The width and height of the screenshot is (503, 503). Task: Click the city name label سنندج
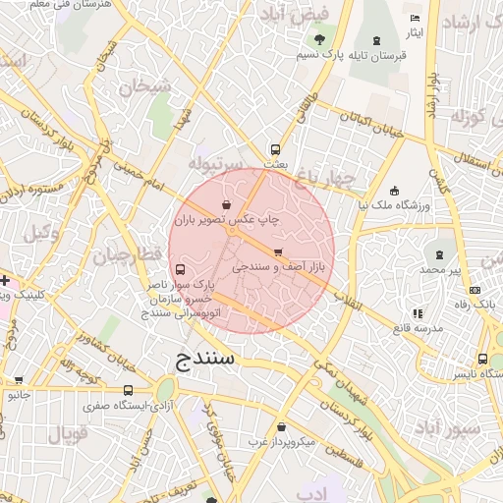click(x=205, y=359)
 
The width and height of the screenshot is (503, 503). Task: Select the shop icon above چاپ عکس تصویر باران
click(x=228, y=205)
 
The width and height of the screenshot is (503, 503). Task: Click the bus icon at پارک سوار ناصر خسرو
click(x=179, y=269)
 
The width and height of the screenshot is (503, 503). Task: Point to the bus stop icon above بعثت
click(x=275, y=150)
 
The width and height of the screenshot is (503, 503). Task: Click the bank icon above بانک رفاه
click(x=475, y=290)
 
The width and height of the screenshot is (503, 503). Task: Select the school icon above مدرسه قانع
click(x=418, y=313)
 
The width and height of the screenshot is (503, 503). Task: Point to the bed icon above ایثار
click(x=415, y=19)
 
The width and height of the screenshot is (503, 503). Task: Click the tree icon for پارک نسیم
click(x=318, y=39)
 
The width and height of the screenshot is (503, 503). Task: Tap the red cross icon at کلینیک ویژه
click(x=5, y=280)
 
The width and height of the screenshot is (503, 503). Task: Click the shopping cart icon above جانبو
click(x=18, y=380)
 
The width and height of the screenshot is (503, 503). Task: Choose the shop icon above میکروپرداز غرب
click(x=282, y=427)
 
